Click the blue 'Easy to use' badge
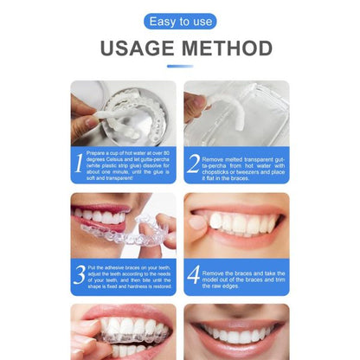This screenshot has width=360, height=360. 179,22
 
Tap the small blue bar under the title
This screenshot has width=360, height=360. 179,66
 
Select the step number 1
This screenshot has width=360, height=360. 79,162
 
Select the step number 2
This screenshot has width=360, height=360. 192,162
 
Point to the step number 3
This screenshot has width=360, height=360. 79,274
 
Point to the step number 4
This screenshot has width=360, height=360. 192,274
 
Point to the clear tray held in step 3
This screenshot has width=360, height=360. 130,234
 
